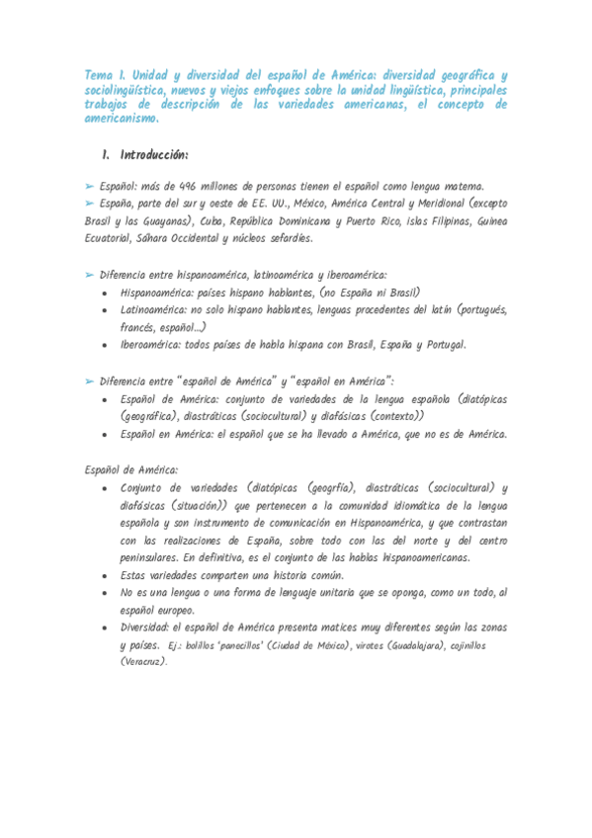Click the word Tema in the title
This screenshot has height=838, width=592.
click(100, 75)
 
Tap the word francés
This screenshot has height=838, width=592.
click(139, 327)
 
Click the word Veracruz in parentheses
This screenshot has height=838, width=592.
click(141, 662)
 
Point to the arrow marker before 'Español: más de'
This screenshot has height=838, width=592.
click(90, 186)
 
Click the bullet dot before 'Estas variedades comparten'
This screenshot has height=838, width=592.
click(106, 575)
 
